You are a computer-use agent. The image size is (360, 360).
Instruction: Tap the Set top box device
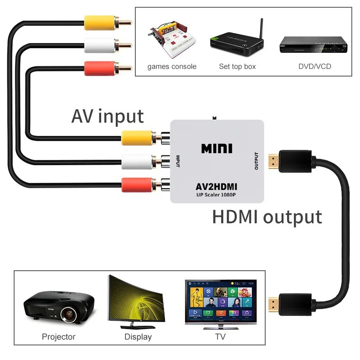coord(237,43)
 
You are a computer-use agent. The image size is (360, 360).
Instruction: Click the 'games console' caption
coord(172,67)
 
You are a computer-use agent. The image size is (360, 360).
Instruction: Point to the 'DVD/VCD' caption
coord(315,67)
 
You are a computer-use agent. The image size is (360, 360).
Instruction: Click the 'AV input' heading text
coord(108,116)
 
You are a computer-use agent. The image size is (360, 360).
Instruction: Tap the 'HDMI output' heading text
coord(267,217)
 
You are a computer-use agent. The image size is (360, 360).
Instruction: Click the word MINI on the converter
coord(217,149)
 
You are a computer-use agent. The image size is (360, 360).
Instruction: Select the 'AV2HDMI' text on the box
coord(216,187)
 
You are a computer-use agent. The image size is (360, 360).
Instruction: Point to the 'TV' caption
coord(220,337)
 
